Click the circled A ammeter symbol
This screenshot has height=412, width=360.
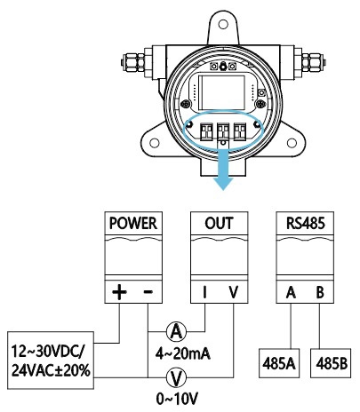[x=177, y=331]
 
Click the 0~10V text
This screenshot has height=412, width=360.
[x=177, y=397]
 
